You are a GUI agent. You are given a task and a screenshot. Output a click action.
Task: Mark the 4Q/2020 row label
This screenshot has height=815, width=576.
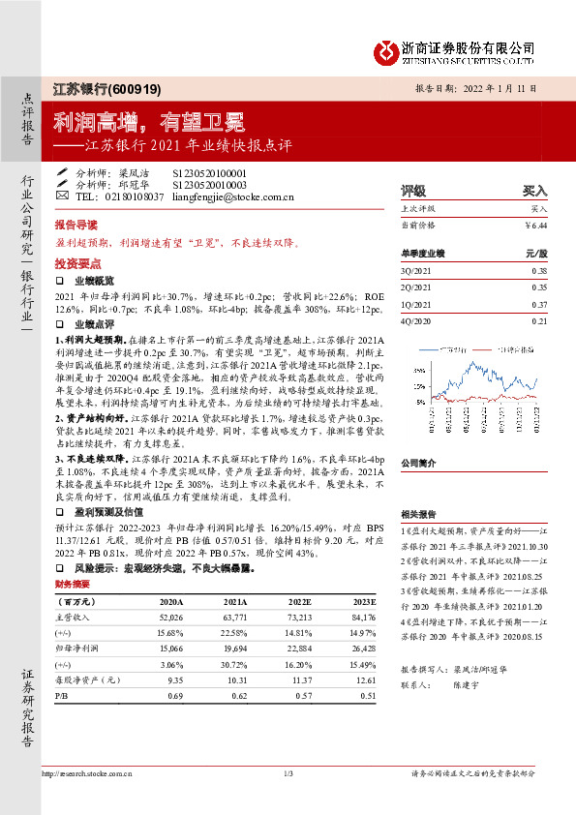point(413,320)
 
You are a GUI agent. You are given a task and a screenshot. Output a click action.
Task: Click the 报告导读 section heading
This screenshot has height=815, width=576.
point(74,222)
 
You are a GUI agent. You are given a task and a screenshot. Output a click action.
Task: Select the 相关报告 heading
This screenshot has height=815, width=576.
point(418,513)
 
